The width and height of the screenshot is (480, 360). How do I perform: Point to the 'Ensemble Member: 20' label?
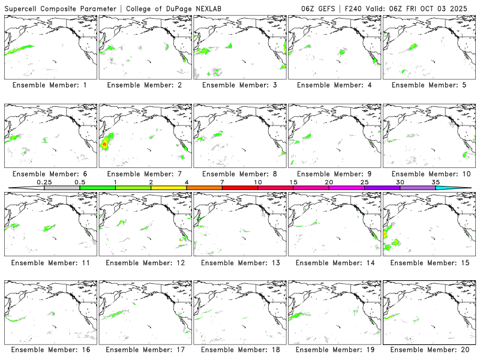428,350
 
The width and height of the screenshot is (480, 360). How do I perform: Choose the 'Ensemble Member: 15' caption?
428,262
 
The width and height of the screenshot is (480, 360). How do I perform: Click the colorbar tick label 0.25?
44,182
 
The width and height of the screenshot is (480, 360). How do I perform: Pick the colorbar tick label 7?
222,182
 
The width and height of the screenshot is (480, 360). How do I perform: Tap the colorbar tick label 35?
436,182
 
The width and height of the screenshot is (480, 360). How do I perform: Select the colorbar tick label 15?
293,182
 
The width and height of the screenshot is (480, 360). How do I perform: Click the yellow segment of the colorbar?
169,188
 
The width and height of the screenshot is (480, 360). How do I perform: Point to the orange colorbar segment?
204,188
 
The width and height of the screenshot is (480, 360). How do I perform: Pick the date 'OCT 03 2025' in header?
450,7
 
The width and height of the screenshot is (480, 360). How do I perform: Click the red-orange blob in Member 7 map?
105,144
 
